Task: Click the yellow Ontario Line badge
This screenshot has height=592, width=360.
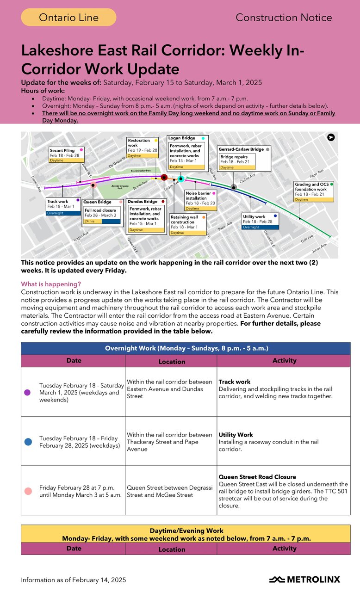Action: click(x=68, y=18)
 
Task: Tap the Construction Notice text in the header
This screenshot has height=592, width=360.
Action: click(x=284, y=18)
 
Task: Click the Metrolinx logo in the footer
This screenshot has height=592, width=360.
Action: click(x=304, y=580)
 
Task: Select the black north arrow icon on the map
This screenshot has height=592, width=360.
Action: click(x=331, y=137)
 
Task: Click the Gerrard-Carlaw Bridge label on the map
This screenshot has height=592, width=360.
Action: click(x=241, y=149)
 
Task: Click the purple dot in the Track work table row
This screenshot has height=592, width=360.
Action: click(x=27, y=392)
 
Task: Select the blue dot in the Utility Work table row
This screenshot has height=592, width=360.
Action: click(x=28, y=442)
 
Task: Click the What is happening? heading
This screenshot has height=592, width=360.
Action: click(x=51, y=284)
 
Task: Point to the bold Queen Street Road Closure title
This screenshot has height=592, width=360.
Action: click(x=257, y=477)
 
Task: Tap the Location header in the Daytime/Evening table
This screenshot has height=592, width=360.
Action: click(x=172, y=549)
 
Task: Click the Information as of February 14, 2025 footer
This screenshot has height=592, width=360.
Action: click(x=73, y=580)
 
